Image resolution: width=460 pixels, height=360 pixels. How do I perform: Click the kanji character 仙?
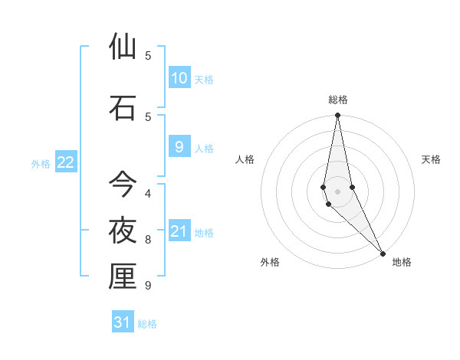pos(123,47)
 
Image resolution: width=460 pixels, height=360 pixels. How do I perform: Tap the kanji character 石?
pos(123,107)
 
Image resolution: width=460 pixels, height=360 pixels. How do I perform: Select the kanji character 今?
pos(123,184)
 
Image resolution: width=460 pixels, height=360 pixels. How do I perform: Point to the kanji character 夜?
pos(123,230)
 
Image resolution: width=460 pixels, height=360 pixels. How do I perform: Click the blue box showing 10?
pos(179,78)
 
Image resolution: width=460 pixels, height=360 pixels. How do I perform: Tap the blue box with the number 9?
pos(179,148)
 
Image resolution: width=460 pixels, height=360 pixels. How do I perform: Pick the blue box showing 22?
pos(66,162)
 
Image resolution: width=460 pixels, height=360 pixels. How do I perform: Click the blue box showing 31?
pos(123,322)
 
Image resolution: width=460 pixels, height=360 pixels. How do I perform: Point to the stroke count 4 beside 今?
pos(148,193)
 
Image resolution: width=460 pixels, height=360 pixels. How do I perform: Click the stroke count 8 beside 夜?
pos(148,240)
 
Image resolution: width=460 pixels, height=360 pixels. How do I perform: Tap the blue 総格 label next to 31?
pos(147,324)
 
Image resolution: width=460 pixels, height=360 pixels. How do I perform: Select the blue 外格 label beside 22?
pos(41,164)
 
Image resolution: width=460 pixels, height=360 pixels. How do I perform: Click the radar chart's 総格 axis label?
pos(338,100)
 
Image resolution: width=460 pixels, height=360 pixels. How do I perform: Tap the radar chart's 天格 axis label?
pos(432,159)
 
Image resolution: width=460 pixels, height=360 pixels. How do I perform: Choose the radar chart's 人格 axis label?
pos(245,159)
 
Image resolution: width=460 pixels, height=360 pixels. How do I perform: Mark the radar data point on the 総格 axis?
pos(337,116)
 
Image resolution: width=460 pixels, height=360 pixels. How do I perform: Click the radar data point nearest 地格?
pos(383,253)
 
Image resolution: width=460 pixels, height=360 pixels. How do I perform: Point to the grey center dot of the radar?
pos(338,191)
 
